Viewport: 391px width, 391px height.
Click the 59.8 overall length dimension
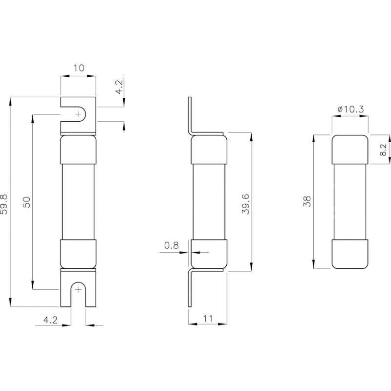[4, 204]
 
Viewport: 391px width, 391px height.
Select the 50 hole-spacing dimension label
[26, 202]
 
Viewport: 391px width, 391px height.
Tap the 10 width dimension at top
[79, 68]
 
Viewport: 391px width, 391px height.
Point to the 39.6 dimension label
[246, 204]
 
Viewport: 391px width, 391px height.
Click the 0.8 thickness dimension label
[172, 245]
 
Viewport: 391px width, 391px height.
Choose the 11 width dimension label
[208, 319]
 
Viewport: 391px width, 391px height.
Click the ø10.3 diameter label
[350, 109]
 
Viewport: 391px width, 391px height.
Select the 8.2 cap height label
[383, 150]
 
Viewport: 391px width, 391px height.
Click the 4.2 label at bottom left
[50, 320]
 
